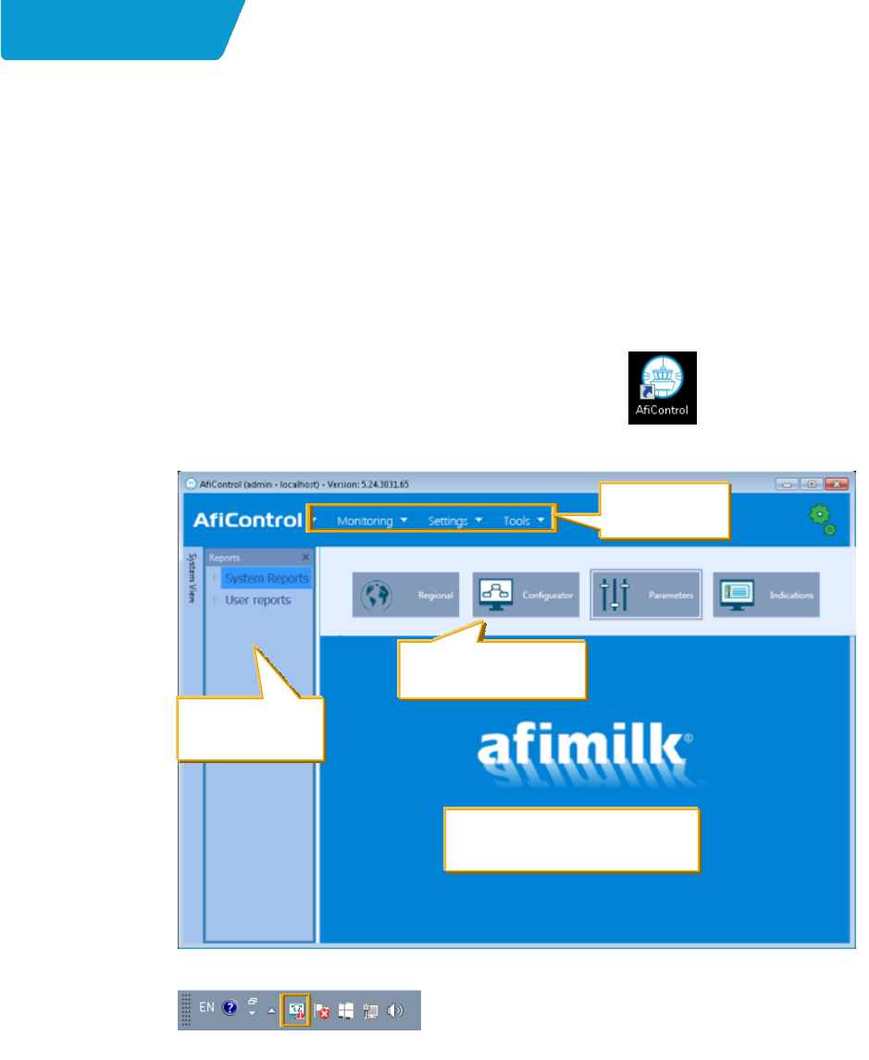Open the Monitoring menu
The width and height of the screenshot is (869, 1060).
click(x=371, y=521)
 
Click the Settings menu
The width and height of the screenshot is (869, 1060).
click(x=454, y=521)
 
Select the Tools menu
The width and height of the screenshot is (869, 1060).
click(x=523, y=521)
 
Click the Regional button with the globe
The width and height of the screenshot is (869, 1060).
click(x=405, y=595)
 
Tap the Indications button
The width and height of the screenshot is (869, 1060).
click(x=766, y=595)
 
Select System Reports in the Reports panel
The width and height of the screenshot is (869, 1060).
click(x=267, y=579)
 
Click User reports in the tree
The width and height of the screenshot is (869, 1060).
click(x=257, y=600)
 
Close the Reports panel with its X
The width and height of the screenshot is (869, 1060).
click(x=305, y=558)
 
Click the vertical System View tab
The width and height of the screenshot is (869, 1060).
click(x=192, y=578)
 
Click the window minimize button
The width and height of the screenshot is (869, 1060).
click(x=788, y=484)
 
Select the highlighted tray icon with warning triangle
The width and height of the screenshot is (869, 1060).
click(x=297, y=1010)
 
